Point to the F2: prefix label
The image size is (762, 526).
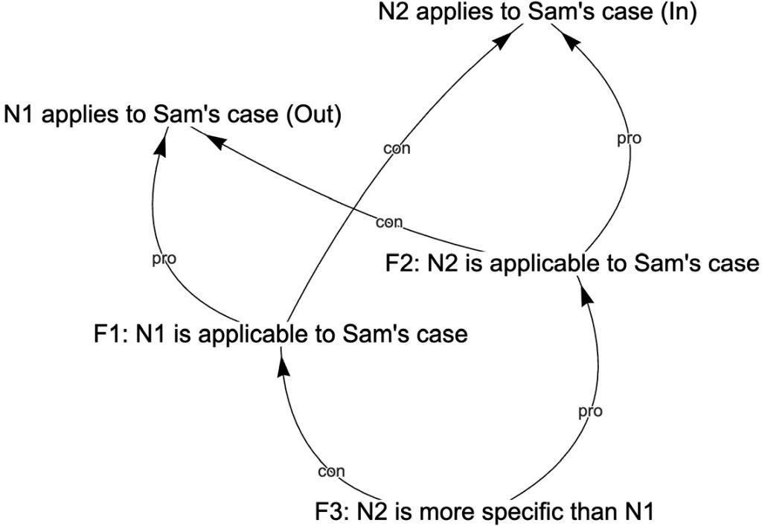[x=403, y=264]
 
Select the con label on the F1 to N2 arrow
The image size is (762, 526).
[x=397, y=149]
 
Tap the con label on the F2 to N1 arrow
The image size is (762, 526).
[x=388, y=222]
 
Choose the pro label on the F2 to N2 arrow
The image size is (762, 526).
[x=630, y=138]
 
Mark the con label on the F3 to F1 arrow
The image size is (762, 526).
[x=331, y=471]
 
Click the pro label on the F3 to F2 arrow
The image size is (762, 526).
[x=589, y=411]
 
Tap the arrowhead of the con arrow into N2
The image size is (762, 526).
[x=505, y=42]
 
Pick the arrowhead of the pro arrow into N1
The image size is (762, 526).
[x=159, y=145]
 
